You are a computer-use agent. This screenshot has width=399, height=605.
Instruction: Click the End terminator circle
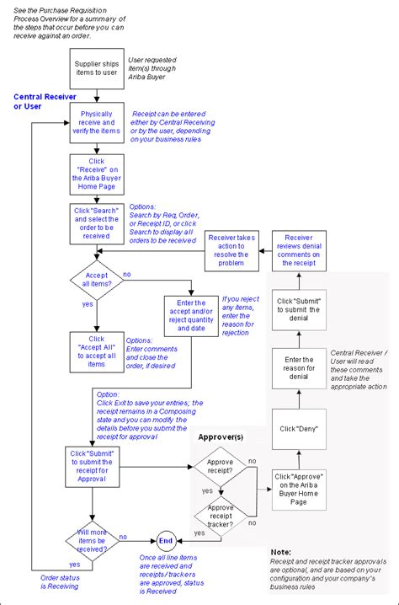(165, 541)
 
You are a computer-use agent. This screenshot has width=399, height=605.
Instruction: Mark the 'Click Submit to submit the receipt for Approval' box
(96, 466)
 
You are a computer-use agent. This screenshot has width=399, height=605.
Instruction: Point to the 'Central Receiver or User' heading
(40, 102)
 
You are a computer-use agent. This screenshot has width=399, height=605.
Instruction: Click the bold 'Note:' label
(282, 551)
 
